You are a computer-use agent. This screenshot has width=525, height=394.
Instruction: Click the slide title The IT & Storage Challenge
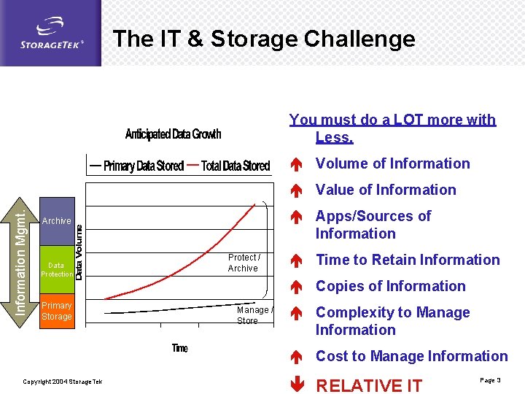264,39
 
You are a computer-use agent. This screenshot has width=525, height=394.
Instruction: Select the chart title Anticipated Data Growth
173,134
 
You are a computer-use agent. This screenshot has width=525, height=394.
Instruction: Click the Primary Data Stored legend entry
135,166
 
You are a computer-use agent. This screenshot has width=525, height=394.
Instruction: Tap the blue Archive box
58,221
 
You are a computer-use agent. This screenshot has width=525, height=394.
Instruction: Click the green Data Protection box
57,270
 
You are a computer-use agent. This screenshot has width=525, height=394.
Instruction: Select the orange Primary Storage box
57,311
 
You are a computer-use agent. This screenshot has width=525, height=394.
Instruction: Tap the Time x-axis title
180,348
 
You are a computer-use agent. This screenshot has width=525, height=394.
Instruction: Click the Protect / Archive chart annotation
244,263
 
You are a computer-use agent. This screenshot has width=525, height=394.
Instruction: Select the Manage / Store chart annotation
254,315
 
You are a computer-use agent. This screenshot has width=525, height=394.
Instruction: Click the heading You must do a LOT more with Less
392,128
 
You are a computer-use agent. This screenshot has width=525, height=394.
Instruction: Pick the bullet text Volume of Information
392,163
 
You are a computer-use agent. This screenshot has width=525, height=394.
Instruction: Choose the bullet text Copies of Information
390,286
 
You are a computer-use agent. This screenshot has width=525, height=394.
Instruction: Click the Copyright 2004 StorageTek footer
63,382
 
